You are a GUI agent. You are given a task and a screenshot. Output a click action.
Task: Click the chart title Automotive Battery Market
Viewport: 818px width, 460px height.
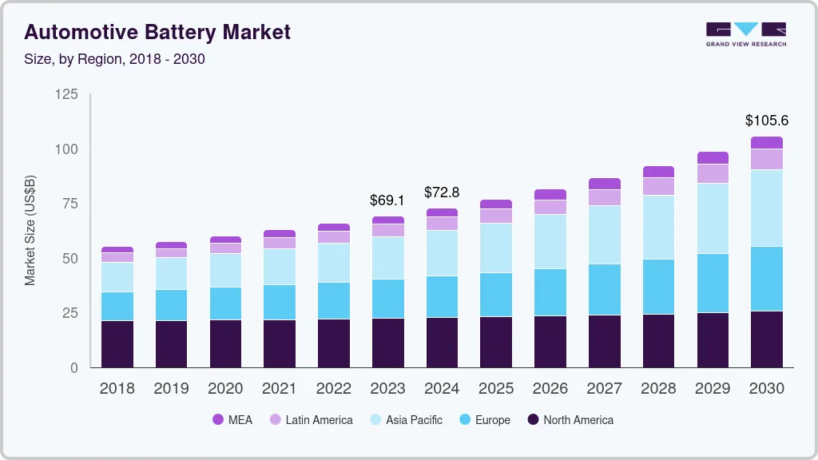157,32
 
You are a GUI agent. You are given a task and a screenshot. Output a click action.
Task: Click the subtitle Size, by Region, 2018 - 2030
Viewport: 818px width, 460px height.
114,59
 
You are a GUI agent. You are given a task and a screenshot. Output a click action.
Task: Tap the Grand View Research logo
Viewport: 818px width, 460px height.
745,34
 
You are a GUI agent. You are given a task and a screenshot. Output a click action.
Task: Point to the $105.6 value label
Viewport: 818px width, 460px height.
766,121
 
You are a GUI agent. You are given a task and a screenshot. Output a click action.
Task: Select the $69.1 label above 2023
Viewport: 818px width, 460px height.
387,200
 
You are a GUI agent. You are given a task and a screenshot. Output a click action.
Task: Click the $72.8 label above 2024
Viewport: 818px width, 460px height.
442,192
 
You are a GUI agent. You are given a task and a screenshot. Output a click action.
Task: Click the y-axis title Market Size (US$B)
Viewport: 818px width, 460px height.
30,230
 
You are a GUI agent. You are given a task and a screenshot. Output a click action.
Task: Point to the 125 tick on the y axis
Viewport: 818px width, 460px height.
66,95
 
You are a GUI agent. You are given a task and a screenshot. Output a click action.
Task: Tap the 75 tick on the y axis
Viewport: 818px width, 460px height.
70,204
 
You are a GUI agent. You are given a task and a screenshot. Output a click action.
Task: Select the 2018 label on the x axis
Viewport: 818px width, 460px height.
117,389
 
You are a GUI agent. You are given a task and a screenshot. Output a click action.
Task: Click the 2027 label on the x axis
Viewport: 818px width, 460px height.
604,389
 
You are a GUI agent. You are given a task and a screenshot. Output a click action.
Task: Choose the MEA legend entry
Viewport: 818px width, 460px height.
232,420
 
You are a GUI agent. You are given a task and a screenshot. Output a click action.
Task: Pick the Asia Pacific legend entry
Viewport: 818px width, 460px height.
405,420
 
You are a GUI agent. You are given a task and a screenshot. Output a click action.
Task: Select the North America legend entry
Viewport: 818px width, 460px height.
570,420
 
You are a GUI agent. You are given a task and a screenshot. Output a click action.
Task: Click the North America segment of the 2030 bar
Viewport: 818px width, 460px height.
766,339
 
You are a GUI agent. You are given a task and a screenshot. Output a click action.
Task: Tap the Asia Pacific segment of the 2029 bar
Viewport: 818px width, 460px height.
713,219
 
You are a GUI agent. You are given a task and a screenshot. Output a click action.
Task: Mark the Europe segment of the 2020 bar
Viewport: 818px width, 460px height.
225,303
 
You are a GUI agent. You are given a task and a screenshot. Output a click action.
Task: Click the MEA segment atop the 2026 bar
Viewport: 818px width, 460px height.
550,194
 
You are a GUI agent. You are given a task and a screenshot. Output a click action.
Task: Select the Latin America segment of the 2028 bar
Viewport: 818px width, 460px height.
658,186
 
